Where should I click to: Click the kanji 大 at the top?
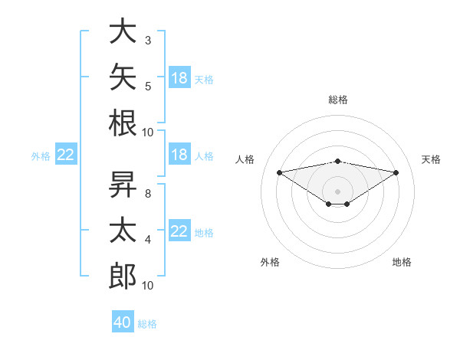[123, 31]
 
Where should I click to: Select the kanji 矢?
[123, 77]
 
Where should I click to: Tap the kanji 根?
[123, 123]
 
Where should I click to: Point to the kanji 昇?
[123, 184]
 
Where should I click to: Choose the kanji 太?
[123, 230]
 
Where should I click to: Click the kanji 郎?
[123, 276]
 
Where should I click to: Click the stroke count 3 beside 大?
[148, 41]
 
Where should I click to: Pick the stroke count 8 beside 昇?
[148, 194]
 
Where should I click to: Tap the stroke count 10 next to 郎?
[147, 286]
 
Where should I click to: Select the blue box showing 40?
[123, 321]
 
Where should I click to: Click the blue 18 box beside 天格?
[179, 77]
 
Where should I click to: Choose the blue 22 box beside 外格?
[66, 154]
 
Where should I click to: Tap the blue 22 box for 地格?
[179, 230]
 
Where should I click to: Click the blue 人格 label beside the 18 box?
[204, 156]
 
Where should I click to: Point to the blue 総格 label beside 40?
[147, 324]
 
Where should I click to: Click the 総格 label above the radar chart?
[338, 100]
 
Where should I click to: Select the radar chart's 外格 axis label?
[270, 262]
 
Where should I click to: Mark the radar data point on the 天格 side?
[396, 172]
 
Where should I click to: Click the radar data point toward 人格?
[280, 172]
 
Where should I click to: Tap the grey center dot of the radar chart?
[337, 191]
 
